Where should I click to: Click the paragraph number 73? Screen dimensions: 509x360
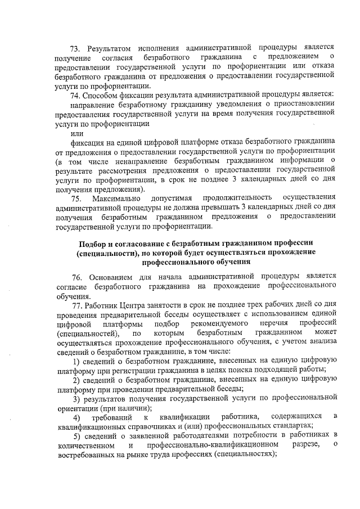coord(75,47)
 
